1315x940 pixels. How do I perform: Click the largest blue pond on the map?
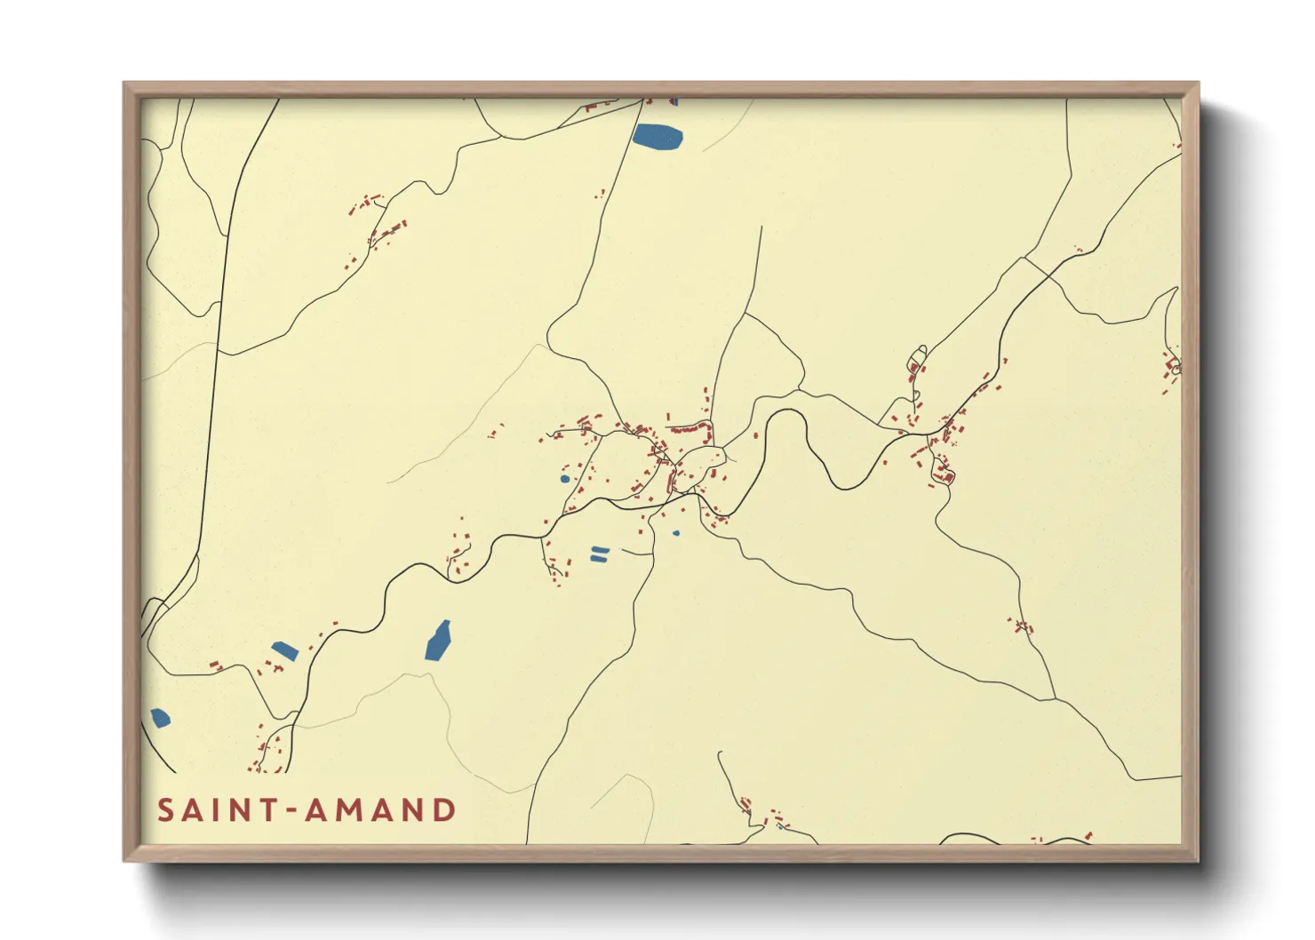point(657,137)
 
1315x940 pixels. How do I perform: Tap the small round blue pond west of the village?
point(565,479)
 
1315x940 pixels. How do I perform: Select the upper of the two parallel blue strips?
point(601,550)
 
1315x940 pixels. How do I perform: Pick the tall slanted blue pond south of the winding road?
point(438,641)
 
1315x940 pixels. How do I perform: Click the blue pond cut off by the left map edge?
point(160,718)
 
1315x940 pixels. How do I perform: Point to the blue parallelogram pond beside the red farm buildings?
point(284,650)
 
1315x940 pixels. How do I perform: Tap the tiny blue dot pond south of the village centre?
point(676,533)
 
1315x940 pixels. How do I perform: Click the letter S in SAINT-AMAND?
point(166,810)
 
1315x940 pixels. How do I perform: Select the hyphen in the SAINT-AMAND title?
point(290,810)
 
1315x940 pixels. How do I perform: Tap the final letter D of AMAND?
point(443,810)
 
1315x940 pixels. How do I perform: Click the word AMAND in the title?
point(381,810)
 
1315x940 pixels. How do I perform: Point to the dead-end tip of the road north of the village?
point(761,227)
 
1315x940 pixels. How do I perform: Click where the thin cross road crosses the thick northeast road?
point(1024,259)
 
